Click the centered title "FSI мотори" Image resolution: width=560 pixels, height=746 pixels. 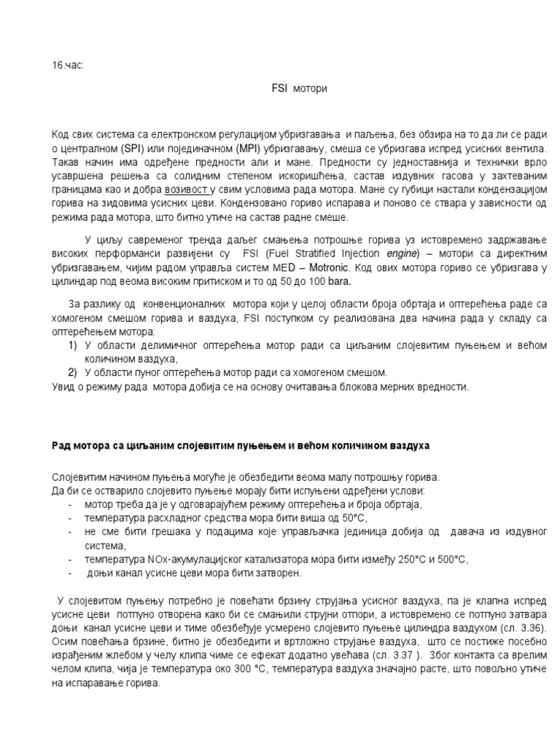click(x=299, y=88)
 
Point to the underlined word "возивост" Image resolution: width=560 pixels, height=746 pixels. click(x=189, y=191)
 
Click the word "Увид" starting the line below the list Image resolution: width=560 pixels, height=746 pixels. click(x=64, y=386)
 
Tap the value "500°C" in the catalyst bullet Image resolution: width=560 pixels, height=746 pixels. click(x=451, y=559)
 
